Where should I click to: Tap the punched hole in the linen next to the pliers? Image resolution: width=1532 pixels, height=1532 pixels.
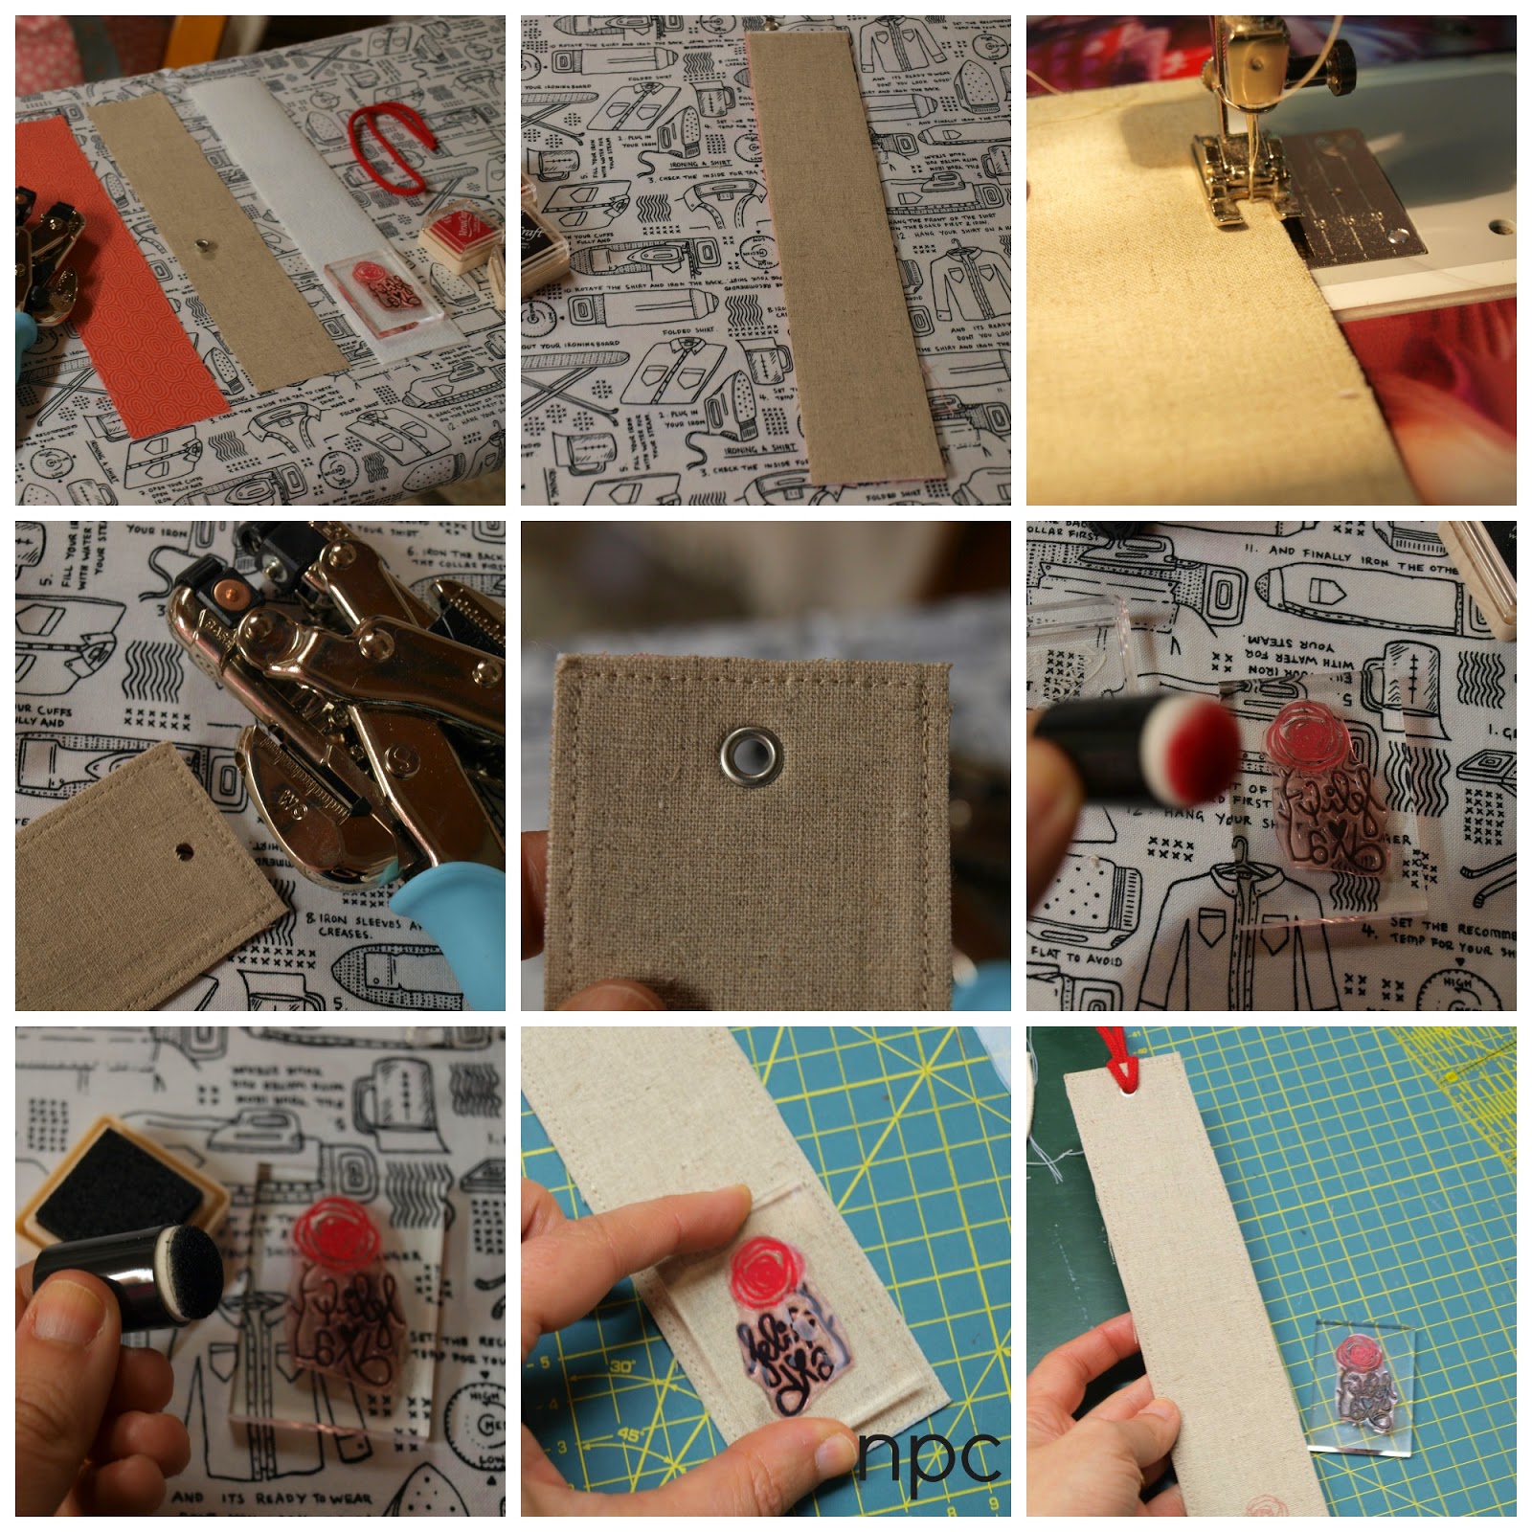click(x=183, y=848)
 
